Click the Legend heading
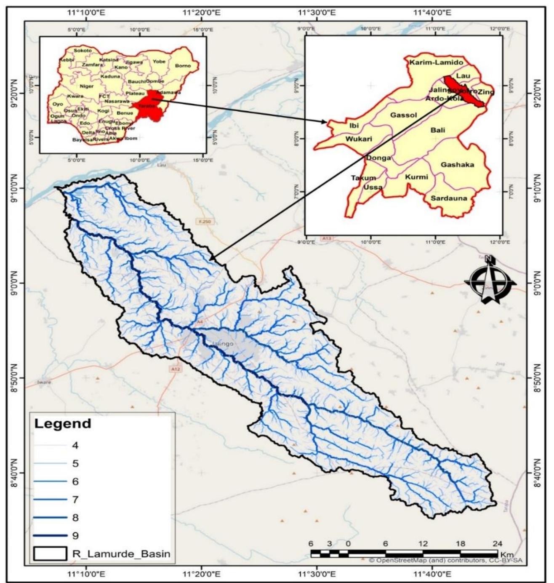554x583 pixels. coord(62,423)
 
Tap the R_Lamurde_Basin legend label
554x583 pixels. coord(121,553)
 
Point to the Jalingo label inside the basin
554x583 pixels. coord(223,344)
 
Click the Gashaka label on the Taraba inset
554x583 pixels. coord(457,165)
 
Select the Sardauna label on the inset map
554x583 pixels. coord(448,198)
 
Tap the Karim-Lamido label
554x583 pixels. coord(436,62)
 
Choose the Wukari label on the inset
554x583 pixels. coord(359,139)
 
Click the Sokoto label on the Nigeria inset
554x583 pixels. coord(83,51)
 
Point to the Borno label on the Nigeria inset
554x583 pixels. coord(183,66)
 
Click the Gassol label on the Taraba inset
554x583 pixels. coord(403,115)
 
